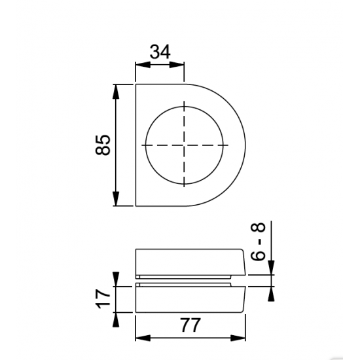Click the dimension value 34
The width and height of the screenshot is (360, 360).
[160, 52]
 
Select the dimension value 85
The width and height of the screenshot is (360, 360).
[103, 145]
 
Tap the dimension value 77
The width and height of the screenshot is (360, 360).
[190, 325]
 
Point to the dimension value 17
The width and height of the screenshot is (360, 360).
[103, 298]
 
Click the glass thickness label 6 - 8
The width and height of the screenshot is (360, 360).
[259, 242]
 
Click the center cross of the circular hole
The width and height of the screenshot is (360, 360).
[184, 145]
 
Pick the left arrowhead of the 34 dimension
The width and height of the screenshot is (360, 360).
[143, 65]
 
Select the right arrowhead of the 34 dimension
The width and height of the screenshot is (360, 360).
[177, 65]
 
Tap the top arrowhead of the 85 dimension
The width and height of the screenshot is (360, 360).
[116, 92]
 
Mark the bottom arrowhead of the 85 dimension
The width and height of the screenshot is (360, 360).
[116, 198]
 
